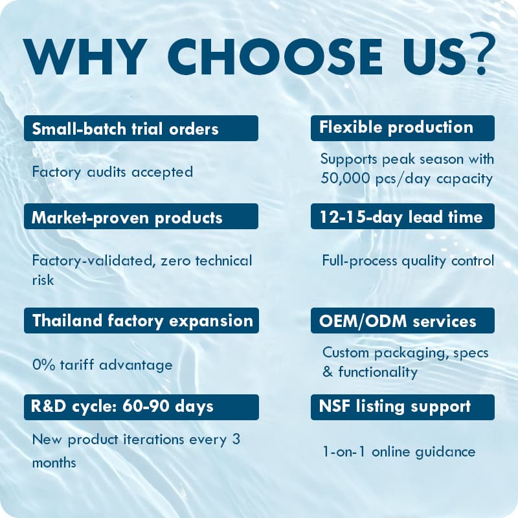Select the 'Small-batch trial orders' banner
pyautogui.click(x=141, y=128)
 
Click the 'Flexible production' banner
pyautogui.click(x=402, y=128)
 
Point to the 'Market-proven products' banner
pyautogui.click(x=141, y=216)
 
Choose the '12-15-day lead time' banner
pyautogui.click(x=402, y=216)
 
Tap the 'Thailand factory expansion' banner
pyautogui.click(x=141, y=321)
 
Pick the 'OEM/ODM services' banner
pyautogui.click(x=402, y=321)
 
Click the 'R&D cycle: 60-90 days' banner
pyautogui.click(x=141, y=407)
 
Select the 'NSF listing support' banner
pyautogui.click(x=402, y=407)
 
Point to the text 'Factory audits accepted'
pyautogui.click(x=112, y=172)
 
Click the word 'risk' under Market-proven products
pyautogui.click(x=43, y=280)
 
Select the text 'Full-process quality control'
pyautogui.click(x=408, y=261)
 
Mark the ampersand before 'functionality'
pyautogui.click(x=328, y=372)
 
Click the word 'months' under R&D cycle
pyautogui.click(x=54, y=462)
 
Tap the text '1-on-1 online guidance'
pyautogui.click(x=399, y=452)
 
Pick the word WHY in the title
pyautogui.click(x=85, y=56)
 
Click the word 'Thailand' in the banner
pyautogui.click(x=67, y=320)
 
